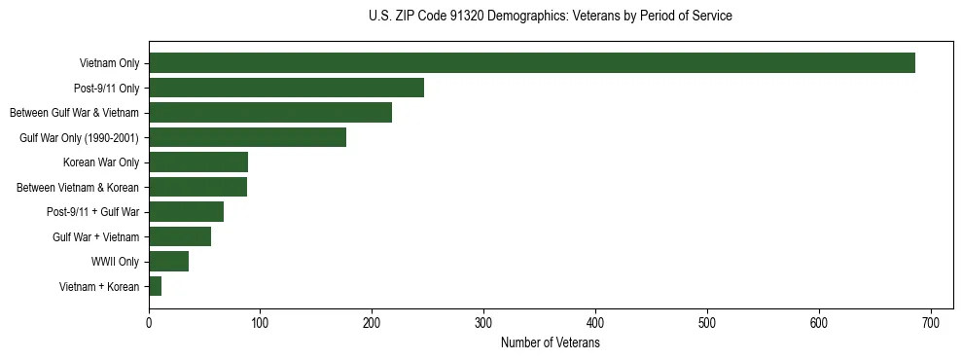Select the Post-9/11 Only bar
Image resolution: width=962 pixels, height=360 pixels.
point(286,88)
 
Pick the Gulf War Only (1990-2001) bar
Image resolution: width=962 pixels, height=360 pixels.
point(247,137)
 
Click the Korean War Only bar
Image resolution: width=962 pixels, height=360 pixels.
point(198,162)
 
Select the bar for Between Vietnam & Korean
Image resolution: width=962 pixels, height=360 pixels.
point(197,187)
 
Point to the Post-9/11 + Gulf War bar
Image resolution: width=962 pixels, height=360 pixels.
point(186,212)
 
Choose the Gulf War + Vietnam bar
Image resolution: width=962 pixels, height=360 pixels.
point(180,236)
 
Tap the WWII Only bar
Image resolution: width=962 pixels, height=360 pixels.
point(168,261)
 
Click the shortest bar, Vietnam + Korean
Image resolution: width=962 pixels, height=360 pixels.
point(155,286)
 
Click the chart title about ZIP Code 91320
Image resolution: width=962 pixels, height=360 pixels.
point(551,17)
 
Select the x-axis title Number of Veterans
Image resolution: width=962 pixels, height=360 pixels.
point(551,343)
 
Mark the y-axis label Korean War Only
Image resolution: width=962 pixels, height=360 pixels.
point(101,162)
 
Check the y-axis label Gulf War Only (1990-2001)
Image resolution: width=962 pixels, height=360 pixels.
point(79,138)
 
